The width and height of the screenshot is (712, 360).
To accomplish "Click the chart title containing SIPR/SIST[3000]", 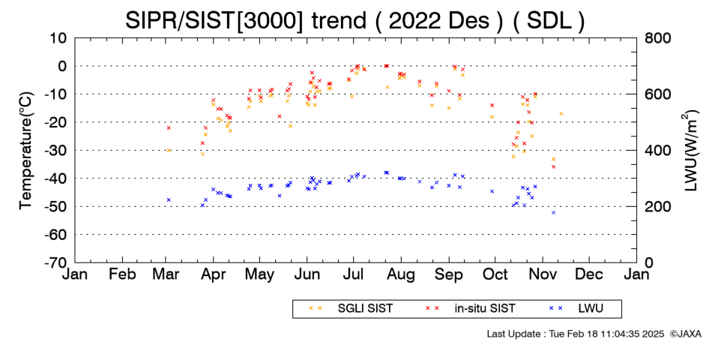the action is tap(355, 20).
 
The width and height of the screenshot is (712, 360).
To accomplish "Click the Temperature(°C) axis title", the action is tap(26, 151).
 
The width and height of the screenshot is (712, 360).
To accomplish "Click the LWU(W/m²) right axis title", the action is tap(688, 151).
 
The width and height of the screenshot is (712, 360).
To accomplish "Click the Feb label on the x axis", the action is tap(123, 274).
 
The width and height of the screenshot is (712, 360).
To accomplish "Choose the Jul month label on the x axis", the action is tap(352, 274).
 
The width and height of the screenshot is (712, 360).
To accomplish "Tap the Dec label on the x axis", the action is tap(589, 274).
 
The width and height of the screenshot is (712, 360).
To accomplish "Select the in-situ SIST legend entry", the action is tap(470, 309).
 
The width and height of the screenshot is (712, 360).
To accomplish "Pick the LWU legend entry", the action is tap(576, 309).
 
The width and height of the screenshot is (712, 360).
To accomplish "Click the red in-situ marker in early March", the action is tap(169, 127).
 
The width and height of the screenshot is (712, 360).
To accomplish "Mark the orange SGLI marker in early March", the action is tap(169, 150).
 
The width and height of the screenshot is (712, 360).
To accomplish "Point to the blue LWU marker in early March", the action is tap(169, 199).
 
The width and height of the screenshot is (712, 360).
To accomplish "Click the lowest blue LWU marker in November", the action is tap(554, 212).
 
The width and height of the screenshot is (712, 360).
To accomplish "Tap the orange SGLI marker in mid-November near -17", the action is tap(561, 114).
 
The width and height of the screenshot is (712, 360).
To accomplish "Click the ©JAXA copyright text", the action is tap(685, 334).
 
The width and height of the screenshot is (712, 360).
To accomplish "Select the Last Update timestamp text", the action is tap(576, 334).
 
